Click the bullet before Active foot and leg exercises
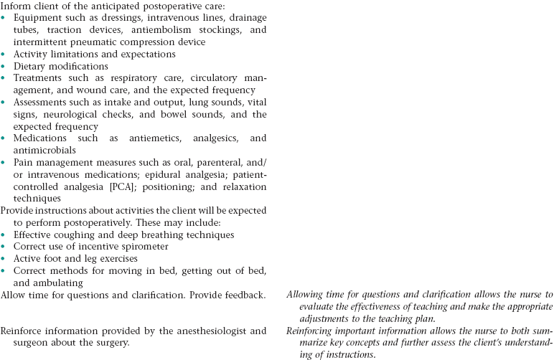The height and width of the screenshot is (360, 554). click(4, 259)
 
